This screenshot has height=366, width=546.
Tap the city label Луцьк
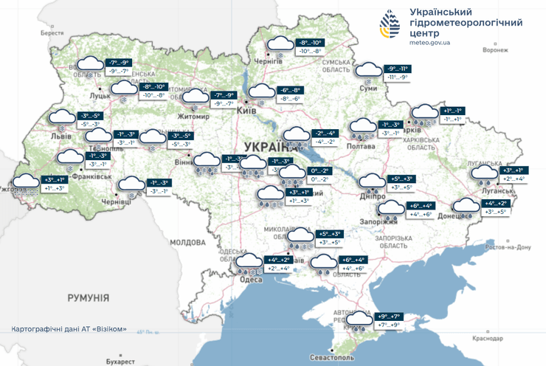(x=100, y=96)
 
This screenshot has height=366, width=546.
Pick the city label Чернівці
(x=114, y=201)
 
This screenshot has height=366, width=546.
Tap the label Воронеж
(x=495, y=51)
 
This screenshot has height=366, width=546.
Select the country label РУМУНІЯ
(x=88, y=297)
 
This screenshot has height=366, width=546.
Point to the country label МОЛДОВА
(x=187, y=242)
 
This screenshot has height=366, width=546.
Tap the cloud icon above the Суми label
(x=367, y=71)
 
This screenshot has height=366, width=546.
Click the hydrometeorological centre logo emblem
(x=391, y=27)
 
